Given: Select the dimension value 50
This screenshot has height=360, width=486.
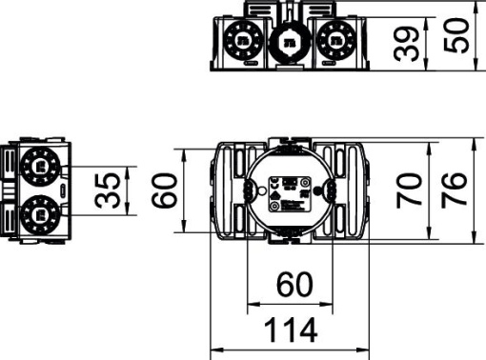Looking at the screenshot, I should point(461,35).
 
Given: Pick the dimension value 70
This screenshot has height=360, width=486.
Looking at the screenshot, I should point(411,190).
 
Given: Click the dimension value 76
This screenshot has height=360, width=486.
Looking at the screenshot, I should point(454,190).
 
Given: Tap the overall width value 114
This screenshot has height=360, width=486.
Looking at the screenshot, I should point(290,330).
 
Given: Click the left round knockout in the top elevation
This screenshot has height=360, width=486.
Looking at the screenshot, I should point(242,40).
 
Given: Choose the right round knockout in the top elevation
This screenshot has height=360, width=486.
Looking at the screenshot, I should point(334,40).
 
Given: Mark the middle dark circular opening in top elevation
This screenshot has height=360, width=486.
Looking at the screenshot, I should point(288,41).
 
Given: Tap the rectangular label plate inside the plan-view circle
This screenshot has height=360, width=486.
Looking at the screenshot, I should point(290,193).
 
